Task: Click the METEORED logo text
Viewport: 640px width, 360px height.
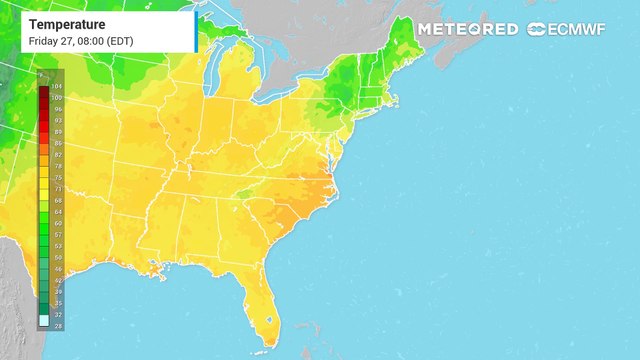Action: point(467,29)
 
